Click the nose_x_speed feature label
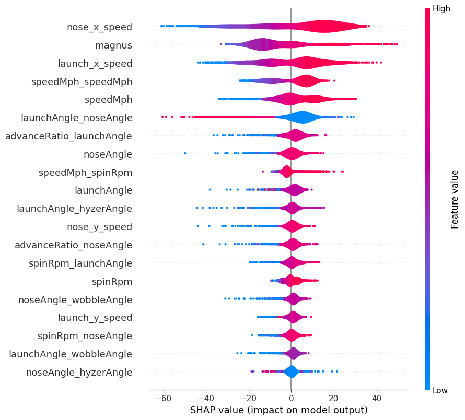(99, 27)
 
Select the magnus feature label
(113, 45)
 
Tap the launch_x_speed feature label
(95, 63)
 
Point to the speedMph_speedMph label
(82, 81)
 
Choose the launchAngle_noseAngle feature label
(76, 117)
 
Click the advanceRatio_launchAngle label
(68, 136)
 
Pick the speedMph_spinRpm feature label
(85, 172)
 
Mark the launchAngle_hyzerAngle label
(74, 208)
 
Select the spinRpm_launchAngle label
(80, 263)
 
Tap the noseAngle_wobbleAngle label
(75, 299)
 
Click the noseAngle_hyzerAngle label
(79, 372)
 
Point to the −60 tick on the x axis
(163, 396)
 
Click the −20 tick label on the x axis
(248, 396)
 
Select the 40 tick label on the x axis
(376, 396)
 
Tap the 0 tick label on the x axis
(291, 396)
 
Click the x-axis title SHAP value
(278, 410)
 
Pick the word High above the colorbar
(441, 9)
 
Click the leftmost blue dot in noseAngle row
(185, 153)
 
